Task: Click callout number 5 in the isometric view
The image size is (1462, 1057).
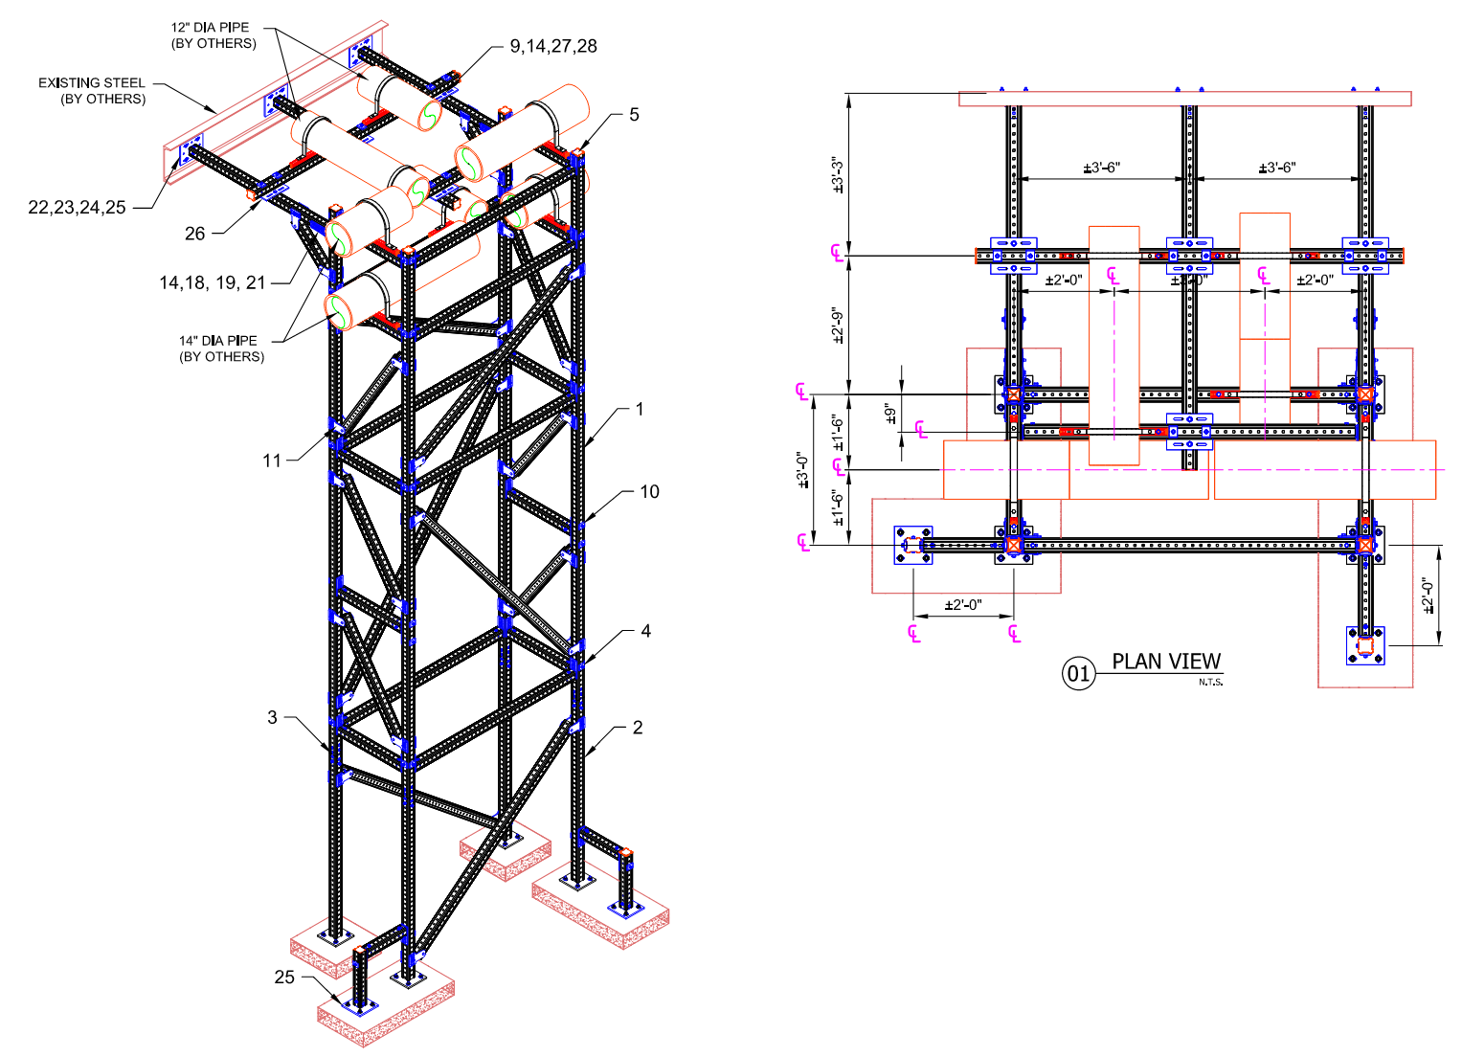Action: coord(634,115)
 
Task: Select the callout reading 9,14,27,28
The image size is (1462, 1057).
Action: coord(552,46)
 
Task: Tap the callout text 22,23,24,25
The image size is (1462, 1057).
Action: coord(77,208)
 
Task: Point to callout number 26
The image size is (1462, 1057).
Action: coord(195,234)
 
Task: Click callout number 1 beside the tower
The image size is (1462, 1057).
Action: coord(640,410)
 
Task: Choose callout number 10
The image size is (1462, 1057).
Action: coord(649,492)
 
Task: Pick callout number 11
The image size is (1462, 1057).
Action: coord(272,461)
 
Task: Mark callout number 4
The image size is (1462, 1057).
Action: coord(646,632)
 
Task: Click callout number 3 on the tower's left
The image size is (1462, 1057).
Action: coord(273,717)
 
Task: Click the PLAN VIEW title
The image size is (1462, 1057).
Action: coord(1166,662)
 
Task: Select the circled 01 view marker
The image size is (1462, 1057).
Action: coord(1078,674)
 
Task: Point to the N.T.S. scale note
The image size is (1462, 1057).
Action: coord(1210,683)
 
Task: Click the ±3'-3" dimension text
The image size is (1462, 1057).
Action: coord(839,175)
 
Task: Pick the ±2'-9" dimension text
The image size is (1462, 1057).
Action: coord(839,326)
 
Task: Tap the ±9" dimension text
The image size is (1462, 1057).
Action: coord(890,414)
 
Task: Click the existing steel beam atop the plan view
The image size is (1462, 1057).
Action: coord(1184,99)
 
